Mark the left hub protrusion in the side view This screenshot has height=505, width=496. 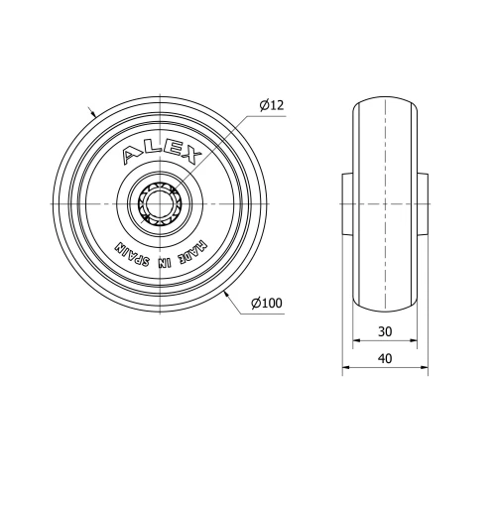348,202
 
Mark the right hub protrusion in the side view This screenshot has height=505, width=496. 422,202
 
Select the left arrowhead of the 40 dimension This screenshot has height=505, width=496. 346,369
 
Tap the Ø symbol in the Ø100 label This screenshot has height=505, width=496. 256,303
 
